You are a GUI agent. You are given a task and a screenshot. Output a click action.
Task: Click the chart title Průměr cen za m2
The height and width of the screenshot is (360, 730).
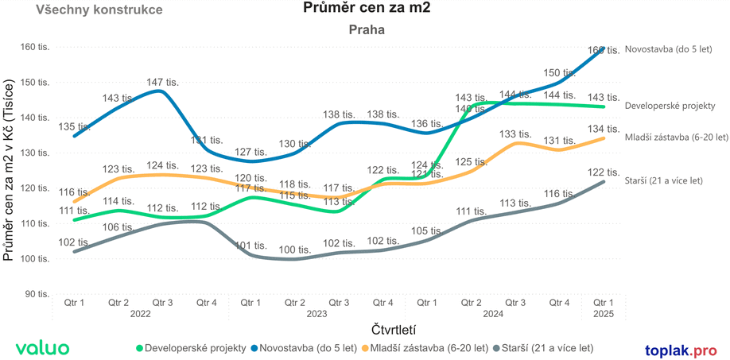[x=366, y=9]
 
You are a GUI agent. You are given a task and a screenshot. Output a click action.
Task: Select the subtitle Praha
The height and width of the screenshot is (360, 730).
[x=367, y=29]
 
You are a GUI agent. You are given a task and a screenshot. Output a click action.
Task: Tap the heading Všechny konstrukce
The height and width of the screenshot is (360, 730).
[x=99, y=10]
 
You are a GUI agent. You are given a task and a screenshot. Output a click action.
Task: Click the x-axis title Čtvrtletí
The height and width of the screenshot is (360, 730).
[x=394, y=329]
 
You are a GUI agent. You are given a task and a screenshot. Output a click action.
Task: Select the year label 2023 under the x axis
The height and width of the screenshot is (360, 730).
[x=316, y=314]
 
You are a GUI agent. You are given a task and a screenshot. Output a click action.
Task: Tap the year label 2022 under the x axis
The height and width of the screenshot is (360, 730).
[x=140, y=314]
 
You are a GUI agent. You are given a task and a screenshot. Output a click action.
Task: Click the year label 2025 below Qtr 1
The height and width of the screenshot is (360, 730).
[x=604, y=314]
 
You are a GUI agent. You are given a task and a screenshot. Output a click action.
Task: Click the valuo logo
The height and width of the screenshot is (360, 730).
[x=42, y=348]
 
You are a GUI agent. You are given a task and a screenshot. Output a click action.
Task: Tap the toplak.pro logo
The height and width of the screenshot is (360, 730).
[x=681, y=350]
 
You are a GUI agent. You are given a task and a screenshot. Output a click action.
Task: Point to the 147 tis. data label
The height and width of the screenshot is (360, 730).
[x=163, y=82]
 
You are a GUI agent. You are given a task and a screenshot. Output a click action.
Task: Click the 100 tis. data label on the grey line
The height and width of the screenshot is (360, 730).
[x=295, y=250]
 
